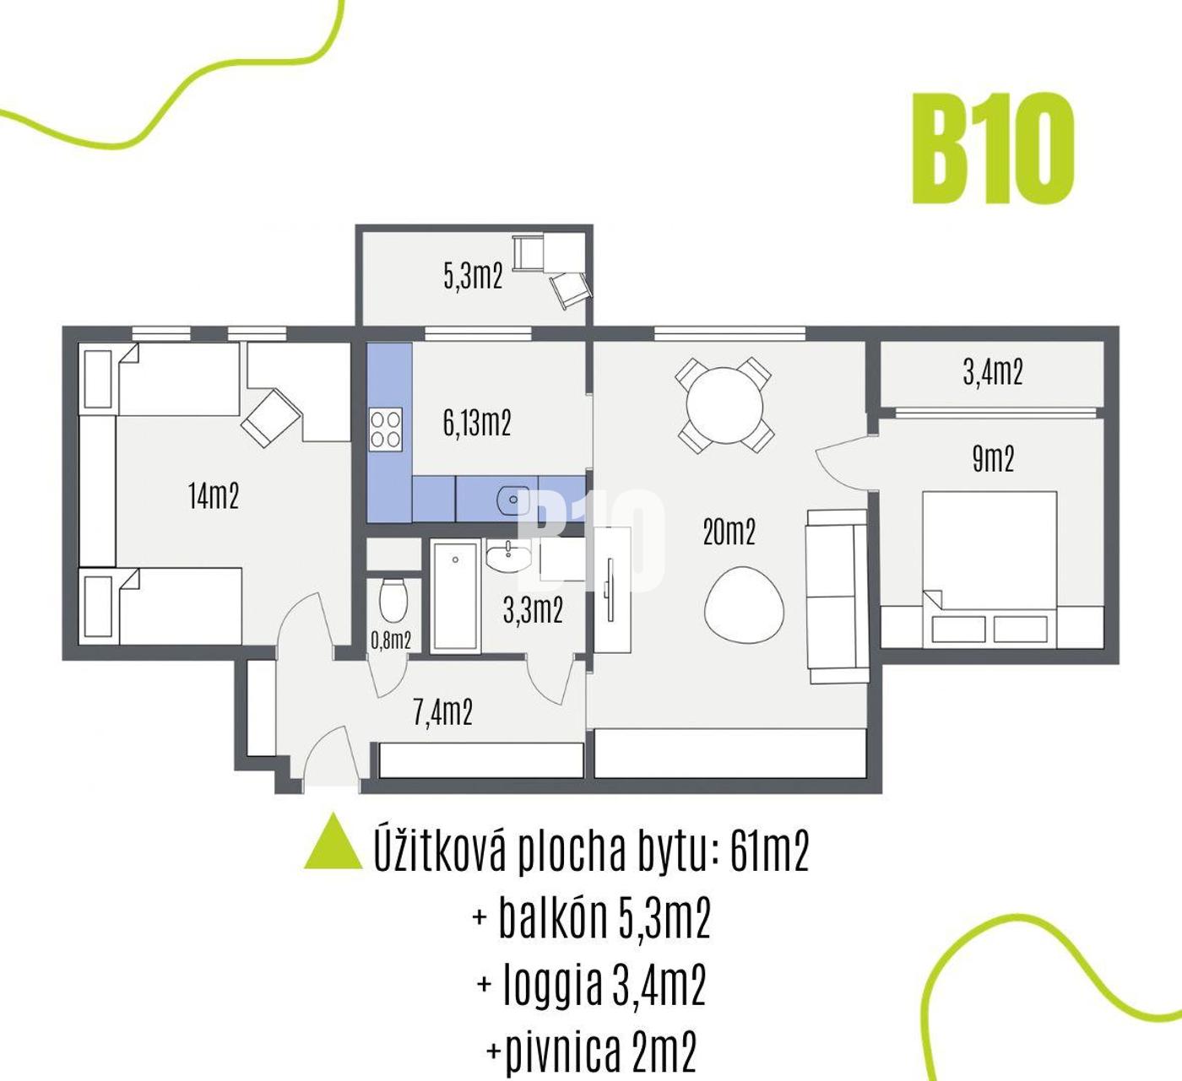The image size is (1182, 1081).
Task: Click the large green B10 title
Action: pos(994,149)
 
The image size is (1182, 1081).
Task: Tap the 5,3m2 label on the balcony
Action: pos(473,276)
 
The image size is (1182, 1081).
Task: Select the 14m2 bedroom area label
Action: pos(214,495)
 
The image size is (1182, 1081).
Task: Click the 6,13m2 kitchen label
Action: pos(477,423)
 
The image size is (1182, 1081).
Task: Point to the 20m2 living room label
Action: pos(729,532)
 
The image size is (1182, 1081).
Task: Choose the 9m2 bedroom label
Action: pos(993,460)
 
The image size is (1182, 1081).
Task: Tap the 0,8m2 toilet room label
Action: pos(391,640)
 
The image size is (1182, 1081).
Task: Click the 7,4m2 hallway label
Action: pos(442,712)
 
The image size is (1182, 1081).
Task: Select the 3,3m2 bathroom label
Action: pos(533,610)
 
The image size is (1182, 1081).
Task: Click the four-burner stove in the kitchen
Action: pos(385,430)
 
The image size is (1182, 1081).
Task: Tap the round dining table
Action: pos(724,405)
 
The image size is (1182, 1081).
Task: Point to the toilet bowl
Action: pos(393,600)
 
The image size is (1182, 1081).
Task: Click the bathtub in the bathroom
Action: pos(455,597)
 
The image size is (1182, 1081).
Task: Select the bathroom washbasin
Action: pos(508,556)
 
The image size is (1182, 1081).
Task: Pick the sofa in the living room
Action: pos(837,596)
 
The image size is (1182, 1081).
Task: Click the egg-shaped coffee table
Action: pos(744,604)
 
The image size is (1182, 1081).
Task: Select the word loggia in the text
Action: pos(552,986)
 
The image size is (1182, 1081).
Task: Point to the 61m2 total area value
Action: pos(769,852)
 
